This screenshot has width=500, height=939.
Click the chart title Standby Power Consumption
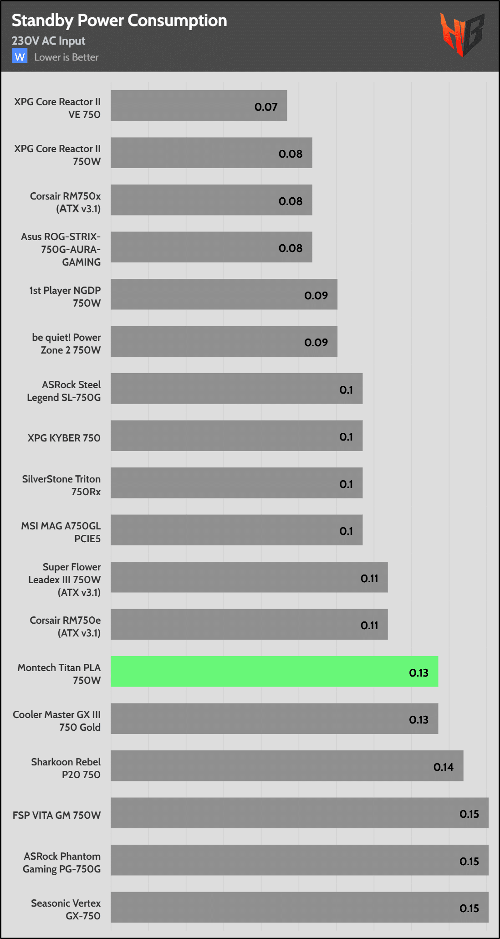(x=119, y=21)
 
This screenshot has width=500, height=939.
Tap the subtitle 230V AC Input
(x=49, y=41)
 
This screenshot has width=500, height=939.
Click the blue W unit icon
(x=20, y=56)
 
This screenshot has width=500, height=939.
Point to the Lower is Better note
(x=66, y=57)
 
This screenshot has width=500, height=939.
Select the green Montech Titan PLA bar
(x=274, y=672)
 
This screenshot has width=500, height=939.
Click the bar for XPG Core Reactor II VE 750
(x=199, y=106)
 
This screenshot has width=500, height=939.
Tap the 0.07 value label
(x=266, y=107)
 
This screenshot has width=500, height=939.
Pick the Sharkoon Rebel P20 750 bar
(x=287, y=766)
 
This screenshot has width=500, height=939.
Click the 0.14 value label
(x=443, y=767)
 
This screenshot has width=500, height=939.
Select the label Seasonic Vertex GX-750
(x=66, y=909)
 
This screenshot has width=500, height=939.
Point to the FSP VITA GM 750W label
(x=57, y=815)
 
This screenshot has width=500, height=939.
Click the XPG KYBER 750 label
(x=64, y=438)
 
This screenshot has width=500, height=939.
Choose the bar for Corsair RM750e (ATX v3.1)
(x=249, y=624)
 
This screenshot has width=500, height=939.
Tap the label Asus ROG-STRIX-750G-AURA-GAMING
(x=61, y=249)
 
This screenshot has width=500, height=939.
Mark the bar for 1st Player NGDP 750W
(x=224, y=294)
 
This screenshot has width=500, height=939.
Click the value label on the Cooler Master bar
(x=418, y=720)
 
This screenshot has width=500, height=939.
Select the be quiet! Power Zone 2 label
(x=66, y=344)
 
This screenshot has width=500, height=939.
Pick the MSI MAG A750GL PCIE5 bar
(x=236, y=530)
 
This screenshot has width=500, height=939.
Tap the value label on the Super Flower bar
(x=369, y=579)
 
